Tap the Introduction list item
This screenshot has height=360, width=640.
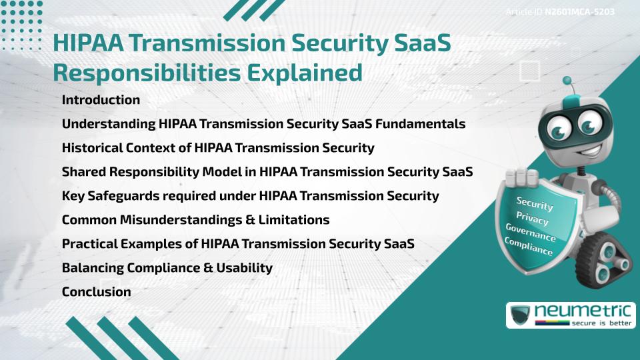pos(101,100)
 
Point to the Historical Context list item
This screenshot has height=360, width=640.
pos(217,148)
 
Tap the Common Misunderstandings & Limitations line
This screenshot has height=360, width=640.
pos(195,220)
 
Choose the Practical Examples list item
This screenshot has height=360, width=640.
pos(237,244)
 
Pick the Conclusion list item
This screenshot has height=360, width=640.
pos(96,292)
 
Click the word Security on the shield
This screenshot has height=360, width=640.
pos(535,204)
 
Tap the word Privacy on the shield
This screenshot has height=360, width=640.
pos(532,219)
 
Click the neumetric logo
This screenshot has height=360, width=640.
pos(567,315)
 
